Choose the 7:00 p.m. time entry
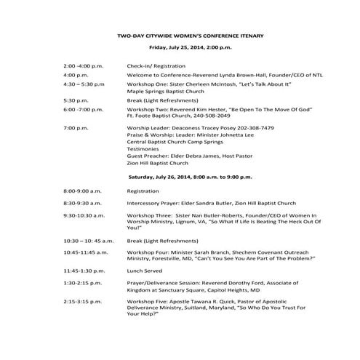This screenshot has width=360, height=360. click(x=76, y=128)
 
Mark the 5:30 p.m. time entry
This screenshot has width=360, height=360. click(x=76, y=100)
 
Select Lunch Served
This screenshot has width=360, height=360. click(x=145, y=270)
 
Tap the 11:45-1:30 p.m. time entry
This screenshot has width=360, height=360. click(x=84, y=270)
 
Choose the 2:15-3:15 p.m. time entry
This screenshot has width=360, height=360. click(x=83, y=300)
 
